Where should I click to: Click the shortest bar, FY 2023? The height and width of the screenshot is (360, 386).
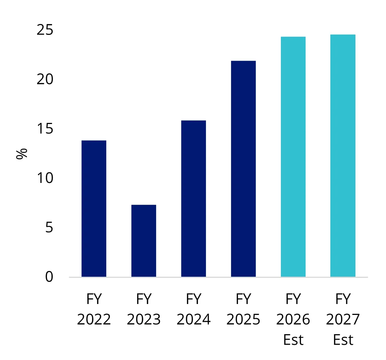(144, 241)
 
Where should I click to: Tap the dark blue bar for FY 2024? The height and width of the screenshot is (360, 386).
(194, 199)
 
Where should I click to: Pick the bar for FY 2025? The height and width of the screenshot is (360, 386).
(243, 169)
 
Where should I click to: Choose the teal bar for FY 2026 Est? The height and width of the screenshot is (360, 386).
(293, 157)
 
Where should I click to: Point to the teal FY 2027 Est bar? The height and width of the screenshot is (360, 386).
(343, 156)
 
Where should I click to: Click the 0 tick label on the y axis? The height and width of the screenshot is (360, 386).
(49, 277)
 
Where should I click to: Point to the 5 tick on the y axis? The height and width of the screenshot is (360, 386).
(49, 228)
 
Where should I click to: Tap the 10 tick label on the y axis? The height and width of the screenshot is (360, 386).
(45, 178)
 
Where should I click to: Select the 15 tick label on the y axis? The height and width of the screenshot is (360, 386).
(45, 129)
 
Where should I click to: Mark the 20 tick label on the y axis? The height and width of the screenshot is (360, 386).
(45, 79)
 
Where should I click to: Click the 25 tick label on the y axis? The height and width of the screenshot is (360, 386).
(45, 30)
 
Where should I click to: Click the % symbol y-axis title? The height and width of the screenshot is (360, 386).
(22, 153)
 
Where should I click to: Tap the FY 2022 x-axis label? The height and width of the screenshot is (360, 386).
(94, 309)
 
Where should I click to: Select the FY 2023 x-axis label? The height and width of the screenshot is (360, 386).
(144, 309)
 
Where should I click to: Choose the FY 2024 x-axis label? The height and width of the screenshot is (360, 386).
(194, 309)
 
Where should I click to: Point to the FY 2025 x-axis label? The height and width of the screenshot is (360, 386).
(243, 309)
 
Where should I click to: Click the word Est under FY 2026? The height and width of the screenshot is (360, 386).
(293, 340)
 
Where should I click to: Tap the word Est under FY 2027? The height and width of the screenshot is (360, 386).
(343, 340)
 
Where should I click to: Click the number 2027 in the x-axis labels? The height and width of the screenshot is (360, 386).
(343, 320)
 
